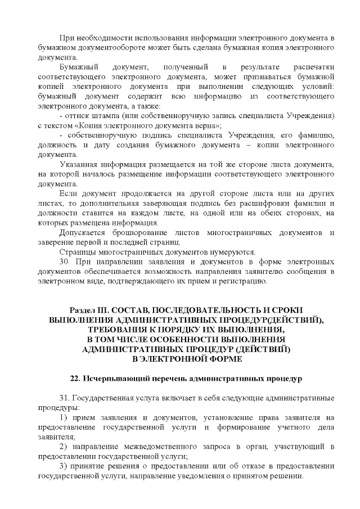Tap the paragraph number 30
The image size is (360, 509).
(x=64, y=262)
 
